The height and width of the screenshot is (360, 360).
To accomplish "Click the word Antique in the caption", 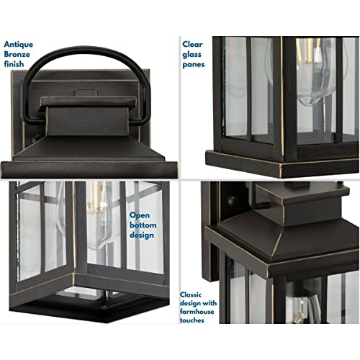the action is (x=19, y=45).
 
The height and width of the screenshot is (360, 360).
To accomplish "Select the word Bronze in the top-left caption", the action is (x=17, y=54).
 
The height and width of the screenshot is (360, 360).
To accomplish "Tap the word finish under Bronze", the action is (x=14, y=64).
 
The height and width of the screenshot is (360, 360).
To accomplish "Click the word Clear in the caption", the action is (x=192, y=44).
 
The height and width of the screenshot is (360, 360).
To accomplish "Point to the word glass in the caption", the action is (x=192, y=55).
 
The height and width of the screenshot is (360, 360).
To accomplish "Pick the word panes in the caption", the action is (x=194, y=65).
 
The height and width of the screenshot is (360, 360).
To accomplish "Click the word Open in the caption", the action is (x=140, y=215).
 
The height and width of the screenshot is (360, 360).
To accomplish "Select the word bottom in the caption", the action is (x=143, y=225).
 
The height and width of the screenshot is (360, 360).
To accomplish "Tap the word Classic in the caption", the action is (x=191, y=294).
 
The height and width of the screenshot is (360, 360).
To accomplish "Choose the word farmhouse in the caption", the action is (x=197, y=312).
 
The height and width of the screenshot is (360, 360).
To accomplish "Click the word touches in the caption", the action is (x=192, y=320).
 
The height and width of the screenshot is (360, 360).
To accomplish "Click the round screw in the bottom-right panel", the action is (x=233, y=201).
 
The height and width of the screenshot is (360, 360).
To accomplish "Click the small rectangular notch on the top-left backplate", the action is (x=86, y=92).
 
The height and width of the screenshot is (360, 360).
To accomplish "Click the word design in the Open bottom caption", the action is (x=142, y=235).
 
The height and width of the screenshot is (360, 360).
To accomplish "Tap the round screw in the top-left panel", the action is (x=37, y=138).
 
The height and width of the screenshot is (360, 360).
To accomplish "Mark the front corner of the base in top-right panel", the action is (x=280, y=166).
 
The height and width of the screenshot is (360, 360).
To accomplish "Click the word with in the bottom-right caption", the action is (x=210, y=303).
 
